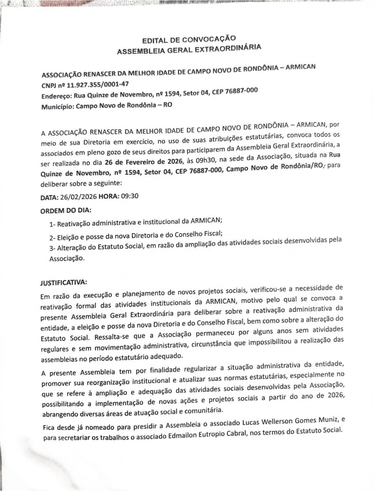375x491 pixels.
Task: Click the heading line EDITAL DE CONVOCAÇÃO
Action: (x=189, y=39)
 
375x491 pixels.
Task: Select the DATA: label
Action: (x=49, y=198)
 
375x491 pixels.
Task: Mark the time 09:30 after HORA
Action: (x=130, y=196)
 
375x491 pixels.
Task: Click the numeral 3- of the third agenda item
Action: (x=52, y=248)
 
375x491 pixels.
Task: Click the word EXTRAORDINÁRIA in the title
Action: (x=228, y=48)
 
